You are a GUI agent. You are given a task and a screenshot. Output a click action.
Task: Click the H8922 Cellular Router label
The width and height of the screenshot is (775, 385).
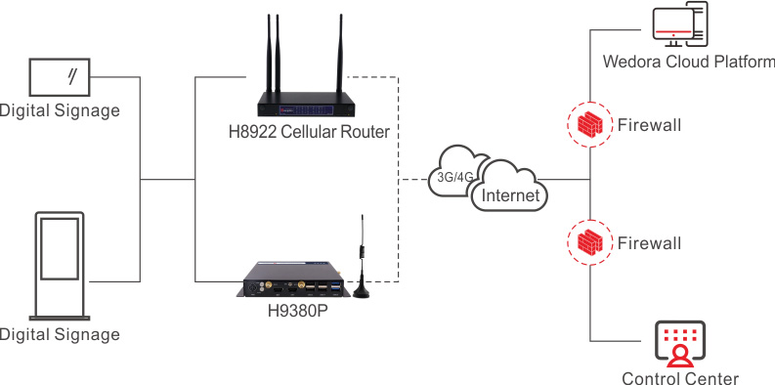[x=309, y=132]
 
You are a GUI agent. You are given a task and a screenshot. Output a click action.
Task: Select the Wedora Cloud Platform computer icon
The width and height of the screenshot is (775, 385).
[x=679, y=25]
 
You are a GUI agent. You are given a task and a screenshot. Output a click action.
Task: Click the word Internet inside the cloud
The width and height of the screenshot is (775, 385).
[x=510, y=195]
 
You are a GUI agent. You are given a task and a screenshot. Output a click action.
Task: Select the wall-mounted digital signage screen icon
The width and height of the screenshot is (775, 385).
[x=60, y=77]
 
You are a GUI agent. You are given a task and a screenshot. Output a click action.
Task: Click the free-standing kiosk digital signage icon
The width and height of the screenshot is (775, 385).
[x=60, y=266]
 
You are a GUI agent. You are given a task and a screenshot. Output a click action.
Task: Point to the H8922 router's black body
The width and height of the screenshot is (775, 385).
[x=307, y=105]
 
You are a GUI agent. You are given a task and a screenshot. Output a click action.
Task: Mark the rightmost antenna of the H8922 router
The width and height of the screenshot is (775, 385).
[x=340, y=54]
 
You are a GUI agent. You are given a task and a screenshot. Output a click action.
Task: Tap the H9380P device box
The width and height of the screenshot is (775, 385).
[x=293, y=279]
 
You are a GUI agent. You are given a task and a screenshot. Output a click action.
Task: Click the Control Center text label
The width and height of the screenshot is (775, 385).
[x=680, y=378]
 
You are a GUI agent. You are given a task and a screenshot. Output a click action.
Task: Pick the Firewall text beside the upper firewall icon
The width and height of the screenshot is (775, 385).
[x=650, y=125]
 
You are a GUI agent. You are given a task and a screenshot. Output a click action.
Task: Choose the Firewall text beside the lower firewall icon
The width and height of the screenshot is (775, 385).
[x=650, y=243]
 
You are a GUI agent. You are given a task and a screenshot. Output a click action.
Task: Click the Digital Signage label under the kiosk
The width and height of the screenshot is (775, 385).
[x=60, y=334]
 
